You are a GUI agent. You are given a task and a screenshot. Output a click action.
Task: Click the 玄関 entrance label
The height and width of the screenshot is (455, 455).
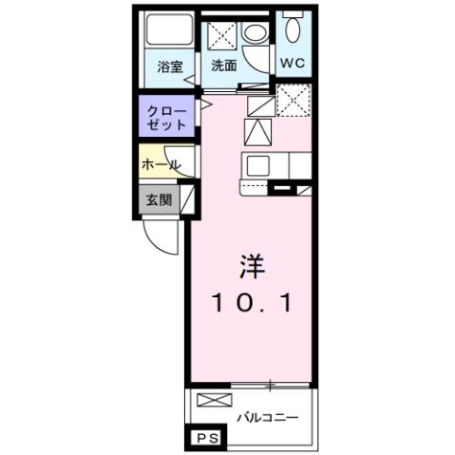(x=158, y=199)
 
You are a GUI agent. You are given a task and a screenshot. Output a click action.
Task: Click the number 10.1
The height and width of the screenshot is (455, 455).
(x=251, y=304)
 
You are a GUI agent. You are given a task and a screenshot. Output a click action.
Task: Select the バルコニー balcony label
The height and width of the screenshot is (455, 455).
(x=268, y=417)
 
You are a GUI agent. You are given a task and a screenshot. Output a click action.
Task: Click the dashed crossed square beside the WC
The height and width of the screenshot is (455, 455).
(x=294, y=98)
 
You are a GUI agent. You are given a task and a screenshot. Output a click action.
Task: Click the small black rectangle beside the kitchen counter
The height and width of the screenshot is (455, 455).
(x=282, y=190)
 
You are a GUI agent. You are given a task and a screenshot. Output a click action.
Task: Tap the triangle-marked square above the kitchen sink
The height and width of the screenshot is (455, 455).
(x=257, y=130)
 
